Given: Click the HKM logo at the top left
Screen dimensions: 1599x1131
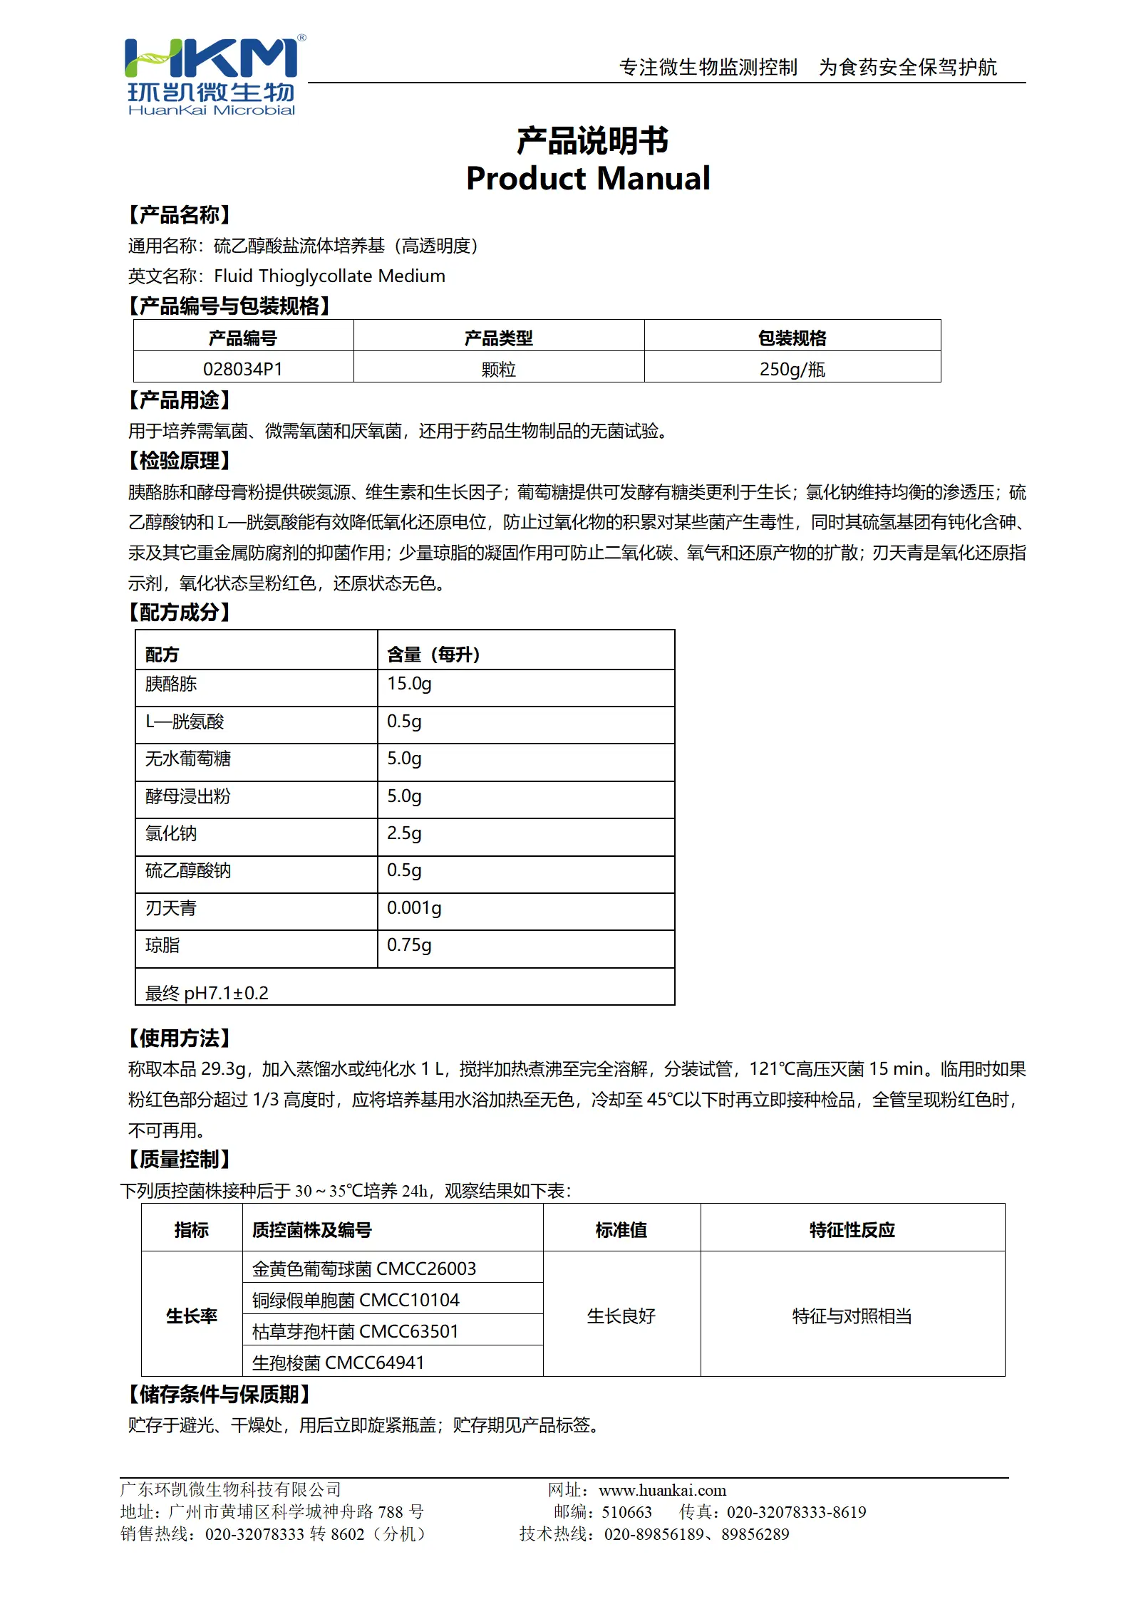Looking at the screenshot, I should point(212,75).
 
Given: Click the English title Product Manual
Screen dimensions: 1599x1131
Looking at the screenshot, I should point(588,178).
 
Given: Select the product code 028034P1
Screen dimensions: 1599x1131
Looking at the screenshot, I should point(242,369).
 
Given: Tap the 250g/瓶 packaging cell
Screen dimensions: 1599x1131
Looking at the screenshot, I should point(792,369).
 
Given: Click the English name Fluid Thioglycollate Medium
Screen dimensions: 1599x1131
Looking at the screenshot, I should point(329,276).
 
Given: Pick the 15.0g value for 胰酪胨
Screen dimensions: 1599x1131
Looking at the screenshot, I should point(409,684).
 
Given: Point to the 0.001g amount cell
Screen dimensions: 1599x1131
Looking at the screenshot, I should point(414,908).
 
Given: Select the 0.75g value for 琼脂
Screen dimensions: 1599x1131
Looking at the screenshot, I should point(409,945).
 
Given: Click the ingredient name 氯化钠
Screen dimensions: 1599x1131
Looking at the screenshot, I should point(171,833).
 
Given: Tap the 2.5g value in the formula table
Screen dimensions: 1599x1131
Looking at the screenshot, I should point(404,833).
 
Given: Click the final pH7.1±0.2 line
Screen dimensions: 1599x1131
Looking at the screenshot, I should point(207,993).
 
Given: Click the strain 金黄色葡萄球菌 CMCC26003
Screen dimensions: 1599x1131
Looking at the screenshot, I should point(363,1269).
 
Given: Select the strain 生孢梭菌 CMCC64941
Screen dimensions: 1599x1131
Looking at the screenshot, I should point(338,1363).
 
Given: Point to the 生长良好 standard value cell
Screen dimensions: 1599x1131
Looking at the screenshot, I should point(621,1316).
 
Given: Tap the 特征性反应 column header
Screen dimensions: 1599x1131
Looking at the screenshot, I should point(852,1230).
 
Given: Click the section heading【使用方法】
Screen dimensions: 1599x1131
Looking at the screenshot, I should point(179,1038).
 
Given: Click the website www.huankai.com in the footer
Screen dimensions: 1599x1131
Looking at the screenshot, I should point(662,1490).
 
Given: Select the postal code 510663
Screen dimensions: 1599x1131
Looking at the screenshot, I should point(626,1512).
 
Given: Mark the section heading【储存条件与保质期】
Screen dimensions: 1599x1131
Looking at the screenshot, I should point(219,1394).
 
